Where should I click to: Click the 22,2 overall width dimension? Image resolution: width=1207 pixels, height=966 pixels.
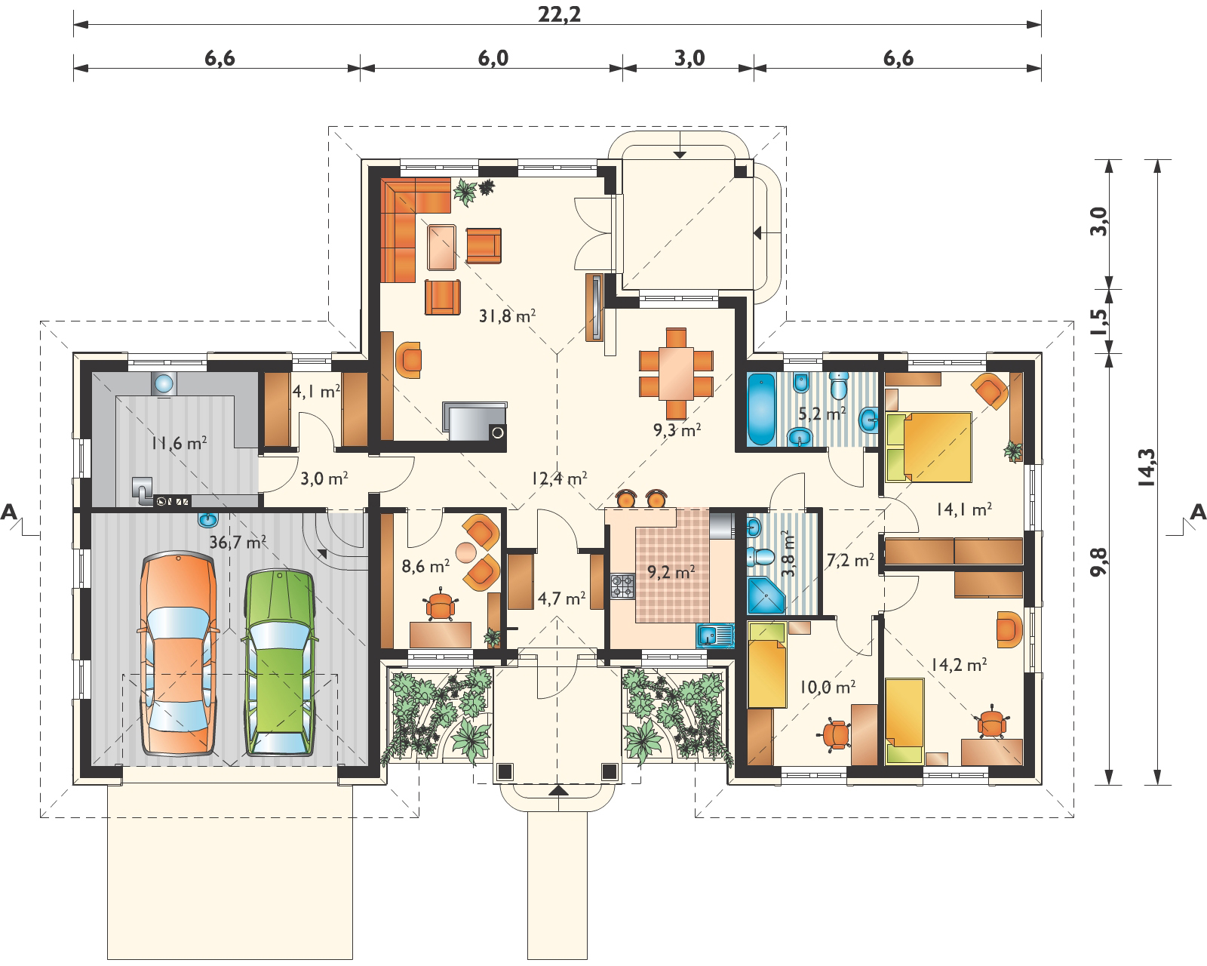coord(559,14)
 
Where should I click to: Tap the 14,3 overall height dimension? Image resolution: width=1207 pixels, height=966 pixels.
coord(1147,467)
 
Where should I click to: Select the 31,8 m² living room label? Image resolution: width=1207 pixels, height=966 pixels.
coord(507,315)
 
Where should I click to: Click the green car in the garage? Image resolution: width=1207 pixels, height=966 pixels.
coord(279,663)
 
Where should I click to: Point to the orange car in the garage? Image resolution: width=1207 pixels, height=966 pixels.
coord(178,654)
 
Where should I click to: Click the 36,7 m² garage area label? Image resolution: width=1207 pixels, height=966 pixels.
coord(237,542)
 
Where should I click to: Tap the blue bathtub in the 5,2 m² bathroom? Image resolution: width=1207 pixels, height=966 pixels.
coord(761,408)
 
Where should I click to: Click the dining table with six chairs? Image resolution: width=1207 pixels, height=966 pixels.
coord(676,374)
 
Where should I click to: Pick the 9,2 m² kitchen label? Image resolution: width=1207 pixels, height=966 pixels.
coord(671,572)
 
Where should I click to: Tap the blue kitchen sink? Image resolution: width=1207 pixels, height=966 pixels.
coord(715,636)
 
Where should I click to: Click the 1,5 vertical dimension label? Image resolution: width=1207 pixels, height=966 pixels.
coord(1100,321)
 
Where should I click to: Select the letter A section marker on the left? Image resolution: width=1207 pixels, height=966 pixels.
coord(9,512)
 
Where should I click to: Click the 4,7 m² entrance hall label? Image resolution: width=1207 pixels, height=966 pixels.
coord(562,598)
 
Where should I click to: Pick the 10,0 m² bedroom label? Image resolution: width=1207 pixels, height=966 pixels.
coord(828,687)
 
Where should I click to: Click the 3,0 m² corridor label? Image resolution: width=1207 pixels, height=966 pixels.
coord(324,478)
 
